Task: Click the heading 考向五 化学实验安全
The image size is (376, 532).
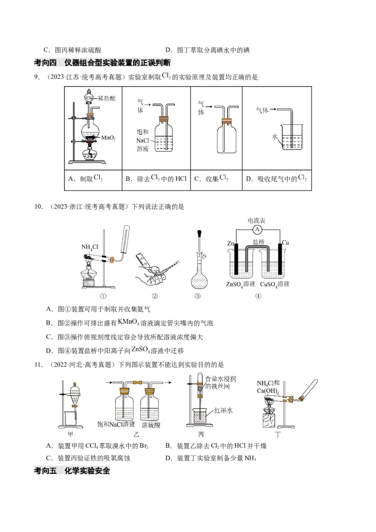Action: click(72, 470)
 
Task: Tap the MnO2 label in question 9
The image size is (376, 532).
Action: click(109, 138)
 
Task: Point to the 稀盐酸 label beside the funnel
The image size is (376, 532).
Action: click(107, 98)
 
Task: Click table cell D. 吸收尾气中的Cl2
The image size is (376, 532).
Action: click(277, 179)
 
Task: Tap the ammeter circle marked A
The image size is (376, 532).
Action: click(257, 229)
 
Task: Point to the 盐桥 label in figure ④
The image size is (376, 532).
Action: click(258, 242)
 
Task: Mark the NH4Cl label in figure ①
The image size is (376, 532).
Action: click(89, 247)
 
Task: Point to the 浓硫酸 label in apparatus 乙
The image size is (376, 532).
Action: click(151, 424)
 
